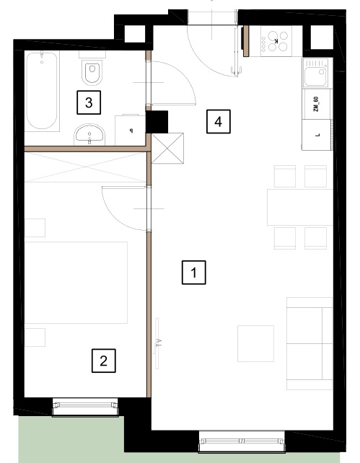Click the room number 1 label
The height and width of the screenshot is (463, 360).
[194, 273]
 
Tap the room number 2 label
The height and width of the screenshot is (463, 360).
[104, 361]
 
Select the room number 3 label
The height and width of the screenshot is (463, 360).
[89, 102]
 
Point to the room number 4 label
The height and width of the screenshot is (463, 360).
[219, 122]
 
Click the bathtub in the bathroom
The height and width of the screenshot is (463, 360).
[42, 91]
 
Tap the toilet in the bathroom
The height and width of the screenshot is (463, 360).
[92, 70]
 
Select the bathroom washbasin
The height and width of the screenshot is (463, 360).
[89, 135]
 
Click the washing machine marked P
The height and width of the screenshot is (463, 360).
[131, 130]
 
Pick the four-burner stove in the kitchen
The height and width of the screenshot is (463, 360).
[276, 41]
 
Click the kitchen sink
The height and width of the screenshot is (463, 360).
[316, 73]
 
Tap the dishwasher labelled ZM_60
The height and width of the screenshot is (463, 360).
[317, 104]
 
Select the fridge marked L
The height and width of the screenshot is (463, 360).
[317, 135]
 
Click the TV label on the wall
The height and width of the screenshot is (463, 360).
[159, 343]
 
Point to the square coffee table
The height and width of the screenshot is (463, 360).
[255, 343]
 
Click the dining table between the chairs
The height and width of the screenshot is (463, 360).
[300, 207]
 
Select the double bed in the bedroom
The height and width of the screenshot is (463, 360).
[76, 283]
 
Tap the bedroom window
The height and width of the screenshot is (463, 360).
[85, 407]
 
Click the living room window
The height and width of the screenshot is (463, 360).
[242, 442]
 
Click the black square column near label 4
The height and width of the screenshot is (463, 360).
[157, 122]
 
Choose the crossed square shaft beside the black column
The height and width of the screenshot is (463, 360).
[167, 149]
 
